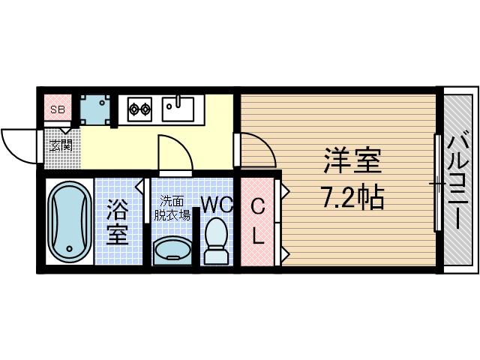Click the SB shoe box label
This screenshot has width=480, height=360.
pyautogui.click(x=57, y=109)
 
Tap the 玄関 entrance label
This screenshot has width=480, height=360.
pyautogui.click(x=61, y=145)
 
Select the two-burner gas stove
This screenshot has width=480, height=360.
pyautogui.click(x=139, y=109)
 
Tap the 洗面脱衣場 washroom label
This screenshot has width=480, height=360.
pyautogui.click(x=172, y=207)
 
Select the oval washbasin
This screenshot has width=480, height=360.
pyautogui.click(x=172, y=249)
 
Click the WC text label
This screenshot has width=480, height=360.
pyautogui.click(x=217, y=204)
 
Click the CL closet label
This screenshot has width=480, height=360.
pyautogui.click(x=257, y=221)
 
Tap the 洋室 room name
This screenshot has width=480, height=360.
pyautogui.click(x=352, y=162)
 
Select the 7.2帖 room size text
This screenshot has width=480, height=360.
pyautogui.click(x=352, y=196)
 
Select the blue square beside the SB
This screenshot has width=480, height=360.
pyautogui.click(x=95, y=109)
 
